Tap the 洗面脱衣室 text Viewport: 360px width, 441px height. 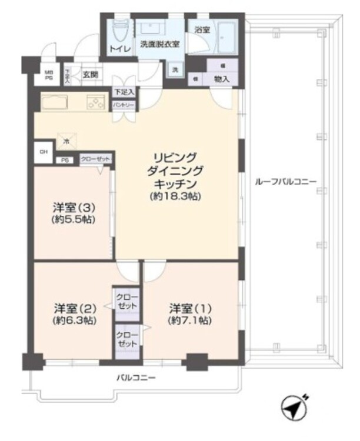[159, 44]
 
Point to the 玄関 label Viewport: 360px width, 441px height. [91, 75]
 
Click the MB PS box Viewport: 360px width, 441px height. [49, 75]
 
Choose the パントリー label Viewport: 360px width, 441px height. [124, 105]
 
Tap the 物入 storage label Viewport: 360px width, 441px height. [222, 78]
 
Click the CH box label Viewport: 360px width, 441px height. [42, 151]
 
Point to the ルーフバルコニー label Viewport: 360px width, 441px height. [285, 182]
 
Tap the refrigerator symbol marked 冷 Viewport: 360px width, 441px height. [66, 141]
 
